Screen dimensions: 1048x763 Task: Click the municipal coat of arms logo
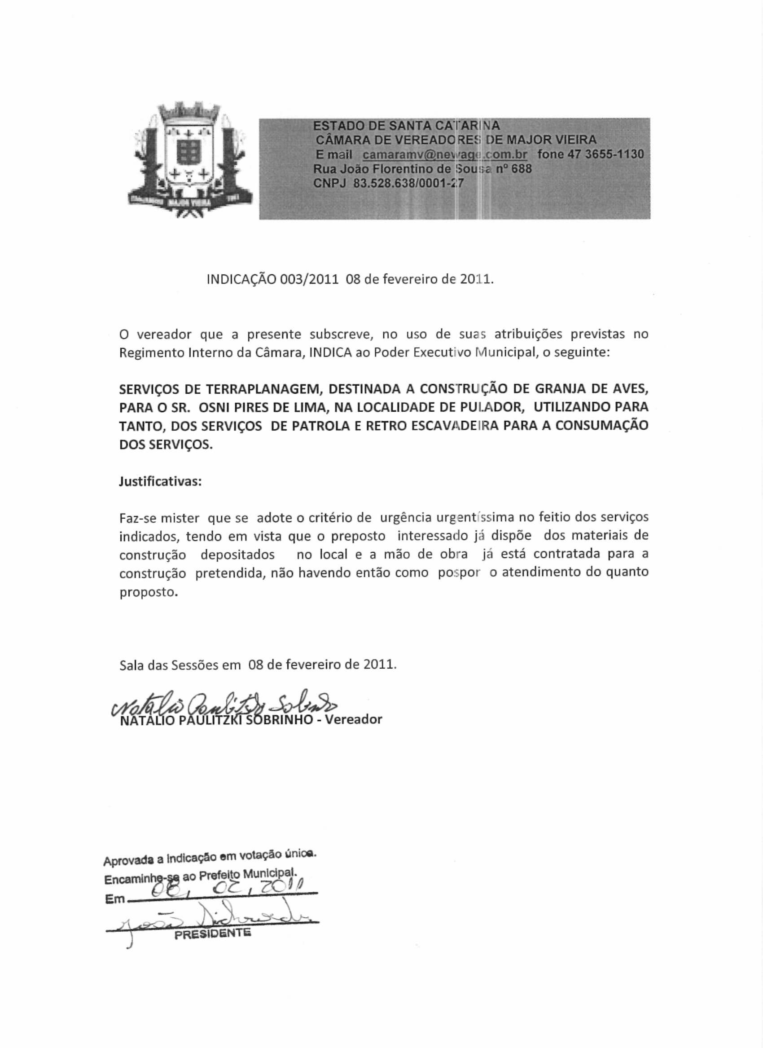(190, 161)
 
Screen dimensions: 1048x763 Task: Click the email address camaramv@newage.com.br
(445, 154)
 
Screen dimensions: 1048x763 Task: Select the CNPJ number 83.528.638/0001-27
(408, 183)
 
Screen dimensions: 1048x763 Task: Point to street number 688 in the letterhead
(522, 168)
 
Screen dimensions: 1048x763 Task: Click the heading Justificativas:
(160, 481)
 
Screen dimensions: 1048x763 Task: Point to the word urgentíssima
(476, 517)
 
